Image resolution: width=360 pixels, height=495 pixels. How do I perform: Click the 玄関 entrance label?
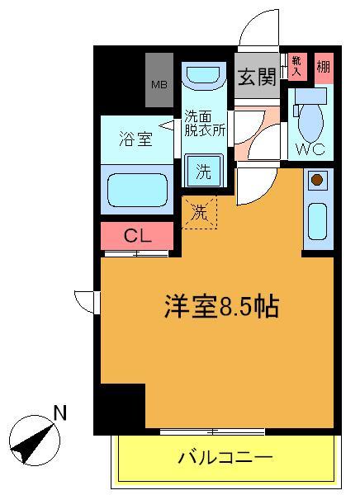256,78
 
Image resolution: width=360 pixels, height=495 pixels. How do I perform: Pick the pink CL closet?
137,235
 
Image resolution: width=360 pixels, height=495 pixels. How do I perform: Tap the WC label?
311,149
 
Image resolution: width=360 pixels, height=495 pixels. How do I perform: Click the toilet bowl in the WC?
311,120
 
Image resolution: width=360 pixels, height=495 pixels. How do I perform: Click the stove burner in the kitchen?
317,179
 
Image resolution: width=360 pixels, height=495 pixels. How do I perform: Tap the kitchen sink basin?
317,219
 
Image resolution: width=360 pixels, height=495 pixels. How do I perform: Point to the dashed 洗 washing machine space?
201,211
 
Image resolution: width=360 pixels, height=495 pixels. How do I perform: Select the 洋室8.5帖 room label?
219,307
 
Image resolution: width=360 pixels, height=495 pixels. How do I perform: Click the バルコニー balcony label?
225,456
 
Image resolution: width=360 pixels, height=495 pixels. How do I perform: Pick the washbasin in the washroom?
203,78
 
